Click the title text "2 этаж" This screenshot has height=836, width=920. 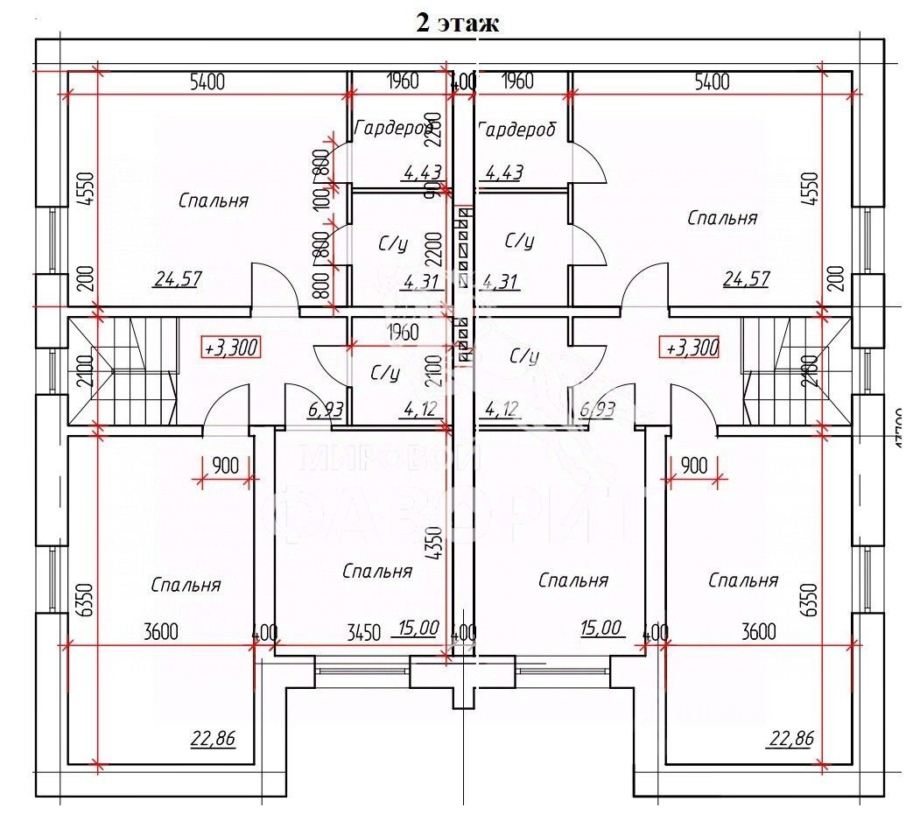[x=457, y=23]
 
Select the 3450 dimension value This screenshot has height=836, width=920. [x=363, y=632]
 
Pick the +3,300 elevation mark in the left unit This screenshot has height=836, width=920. [x=231, y=347]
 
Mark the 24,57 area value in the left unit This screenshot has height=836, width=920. [x=179, y=279]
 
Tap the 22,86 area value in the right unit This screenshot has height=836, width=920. [x=790, y=739]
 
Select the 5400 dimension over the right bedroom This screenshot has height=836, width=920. [x=711, y=82]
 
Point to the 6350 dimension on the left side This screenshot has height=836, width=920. [x=84, y=601]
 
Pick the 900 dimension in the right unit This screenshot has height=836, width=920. [x=693, y=466]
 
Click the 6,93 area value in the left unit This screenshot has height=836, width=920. [x=325, y=408]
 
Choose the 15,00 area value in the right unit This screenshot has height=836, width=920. [x=600, y=627]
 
